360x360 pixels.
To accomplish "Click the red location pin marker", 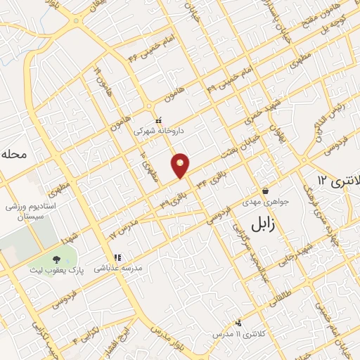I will pos(181,165).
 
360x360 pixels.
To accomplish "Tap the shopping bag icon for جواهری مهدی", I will pos(266,191).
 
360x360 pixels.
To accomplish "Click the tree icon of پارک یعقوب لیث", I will pos(56,260).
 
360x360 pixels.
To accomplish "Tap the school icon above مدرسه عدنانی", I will pos(117,258).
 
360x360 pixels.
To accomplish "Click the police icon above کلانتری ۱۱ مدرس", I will pos(239,323).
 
